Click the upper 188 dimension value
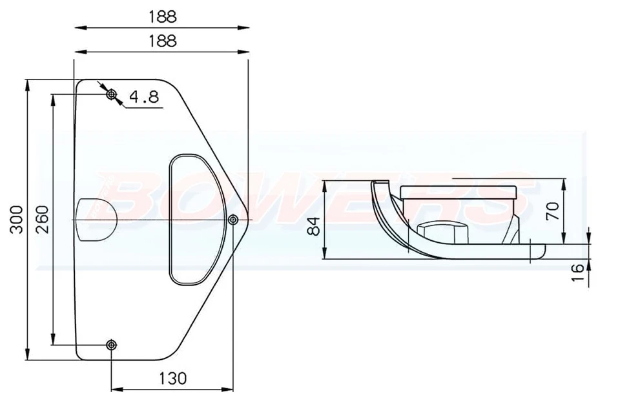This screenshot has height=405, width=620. click(161, 16)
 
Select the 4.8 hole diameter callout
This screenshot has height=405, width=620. click(143, 97)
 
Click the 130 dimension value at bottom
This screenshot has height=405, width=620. click(171, 377)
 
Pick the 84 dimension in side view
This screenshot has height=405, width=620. click(313, 226)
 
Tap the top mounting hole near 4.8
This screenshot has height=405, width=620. click(112, 95)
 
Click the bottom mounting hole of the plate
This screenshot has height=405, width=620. click(112, 344)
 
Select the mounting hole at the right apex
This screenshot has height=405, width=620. click(232, 220)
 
